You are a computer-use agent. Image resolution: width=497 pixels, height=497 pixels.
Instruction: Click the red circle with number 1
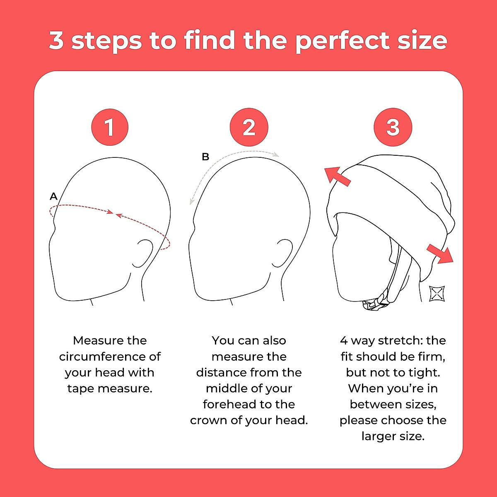109,127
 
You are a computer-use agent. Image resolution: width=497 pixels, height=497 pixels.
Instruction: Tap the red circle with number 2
249,127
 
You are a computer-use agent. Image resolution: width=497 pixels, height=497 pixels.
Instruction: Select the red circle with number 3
393,127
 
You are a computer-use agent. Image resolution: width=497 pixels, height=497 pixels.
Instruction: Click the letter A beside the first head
53,196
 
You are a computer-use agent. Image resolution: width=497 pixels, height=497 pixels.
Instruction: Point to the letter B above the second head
205,157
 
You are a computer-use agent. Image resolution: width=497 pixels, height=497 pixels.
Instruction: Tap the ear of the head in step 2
283,252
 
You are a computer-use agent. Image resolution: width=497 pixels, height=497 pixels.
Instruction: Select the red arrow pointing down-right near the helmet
441,253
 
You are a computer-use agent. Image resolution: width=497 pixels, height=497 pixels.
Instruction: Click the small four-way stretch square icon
437,293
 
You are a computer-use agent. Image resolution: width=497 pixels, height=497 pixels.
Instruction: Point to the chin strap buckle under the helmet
375,304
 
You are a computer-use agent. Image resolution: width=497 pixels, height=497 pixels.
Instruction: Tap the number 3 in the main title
56,40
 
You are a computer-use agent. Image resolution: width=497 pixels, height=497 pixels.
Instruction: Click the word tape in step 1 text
80,389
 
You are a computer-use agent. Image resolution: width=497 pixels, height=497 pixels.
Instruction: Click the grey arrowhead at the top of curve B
276,154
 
